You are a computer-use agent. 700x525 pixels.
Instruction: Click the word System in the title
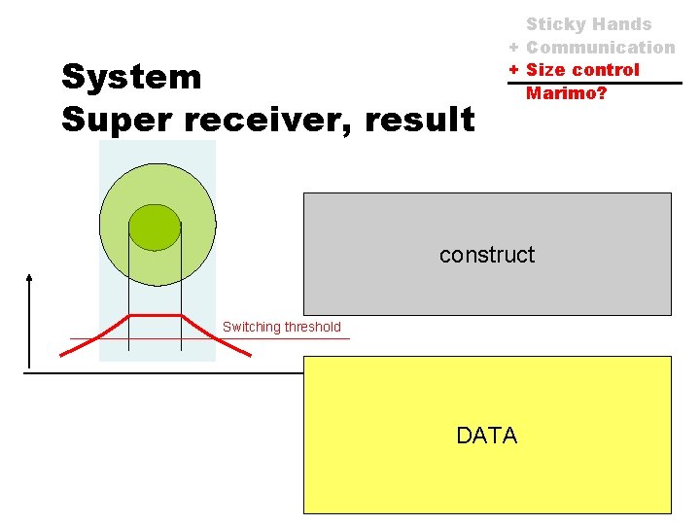[131, 77]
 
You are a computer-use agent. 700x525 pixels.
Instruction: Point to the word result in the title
[423, 120]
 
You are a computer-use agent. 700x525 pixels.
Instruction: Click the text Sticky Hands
[588, 24]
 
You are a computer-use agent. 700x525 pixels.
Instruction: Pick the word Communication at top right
[600, 47]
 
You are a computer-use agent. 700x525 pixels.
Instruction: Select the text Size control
[582, 69]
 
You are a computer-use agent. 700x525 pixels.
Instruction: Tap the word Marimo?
[566, 93]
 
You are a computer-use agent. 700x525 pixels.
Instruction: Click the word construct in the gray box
[487, 255]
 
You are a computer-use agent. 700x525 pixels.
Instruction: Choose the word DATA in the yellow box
[487, 436]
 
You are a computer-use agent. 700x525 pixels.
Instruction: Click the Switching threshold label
[282, 327]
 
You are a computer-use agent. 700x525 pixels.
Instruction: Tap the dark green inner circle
[155, 227]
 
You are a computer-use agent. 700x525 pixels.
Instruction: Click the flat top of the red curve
[155, 316]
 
